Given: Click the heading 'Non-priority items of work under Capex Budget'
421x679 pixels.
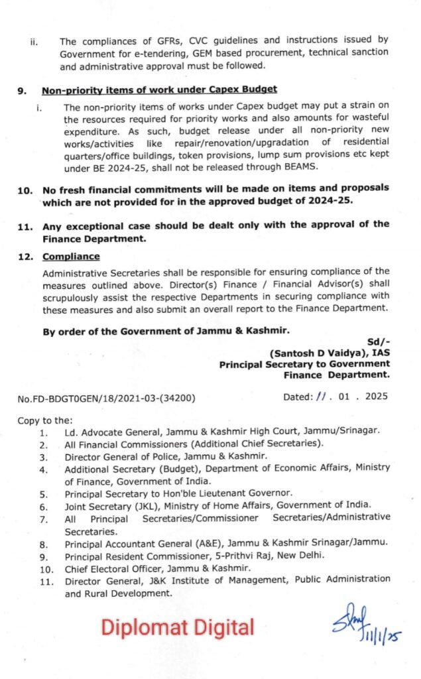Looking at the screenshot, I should [159, 89].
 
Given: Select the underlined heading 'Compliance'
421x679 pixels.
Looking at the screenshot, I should [71, 256].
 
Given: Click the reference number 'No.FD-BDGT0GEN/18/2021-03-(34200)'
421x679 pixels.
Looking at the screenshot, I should [107, 398].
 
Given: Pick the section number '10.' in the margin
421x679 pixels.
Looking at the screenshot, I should [25, 189].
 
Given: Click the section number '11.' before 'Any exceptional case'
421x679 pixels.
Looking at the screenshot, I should [25, 225].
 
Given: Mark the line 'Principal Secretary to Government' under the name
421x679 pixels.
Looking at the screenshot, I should [304, 364].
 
